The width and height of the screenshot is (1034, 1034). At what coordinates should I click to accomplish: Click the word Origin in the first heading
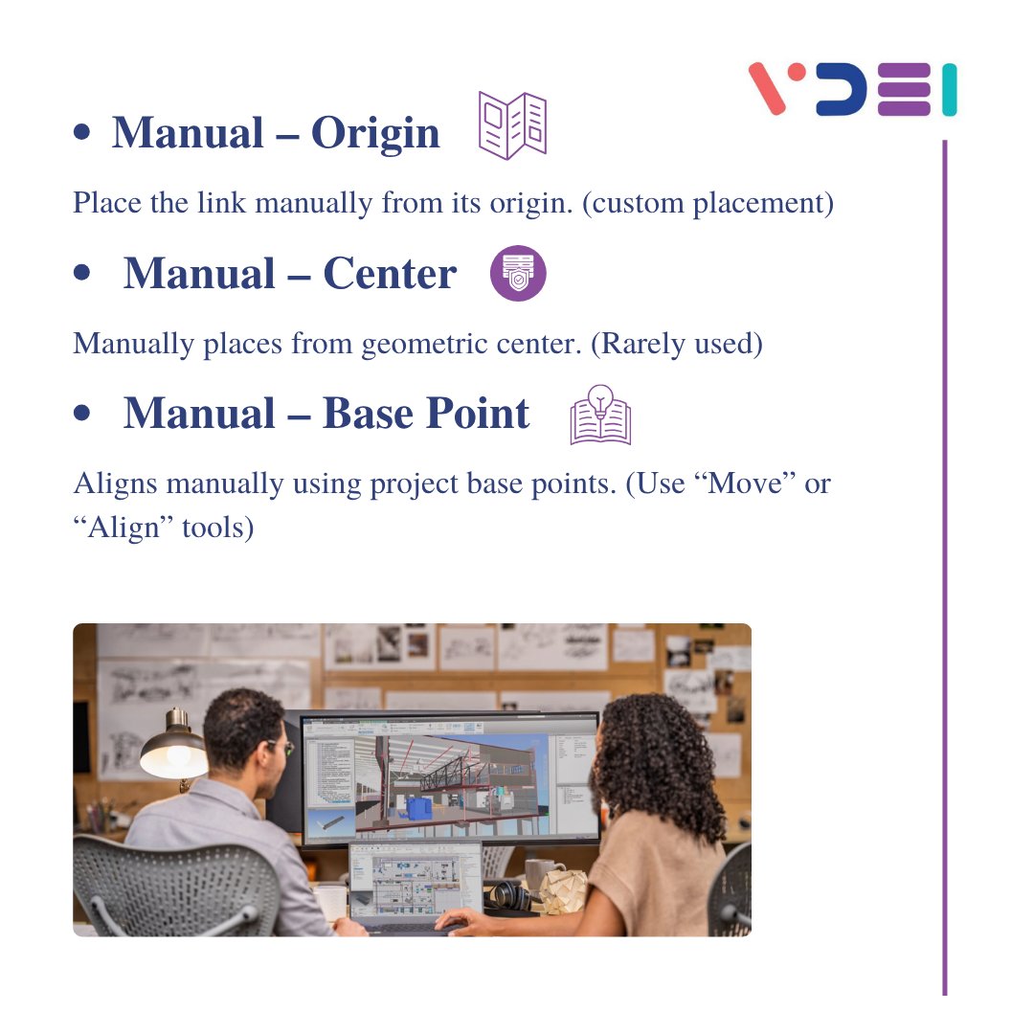point(375,133)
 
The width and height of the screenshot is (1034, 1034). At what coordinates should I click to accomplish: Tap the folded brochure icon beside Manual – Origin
point(512,125)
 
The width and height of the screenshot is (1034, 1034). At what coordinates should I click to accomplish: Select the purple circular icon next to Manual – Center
point(518,273)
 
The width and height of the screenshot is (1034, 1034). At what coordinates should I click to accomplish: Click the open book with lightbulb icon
point(600,416)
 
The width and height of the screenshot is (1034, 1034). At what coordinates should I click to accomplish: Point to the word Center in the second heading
point(390,274)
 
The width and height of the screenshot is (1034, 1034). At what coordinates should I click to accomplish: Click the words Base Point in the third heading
point(426,414)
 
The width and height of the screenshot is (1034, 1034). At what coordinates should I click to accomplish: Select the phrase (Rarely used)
point(676,344)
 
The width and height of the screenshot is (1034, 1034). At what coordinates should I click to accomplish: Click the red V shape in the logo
point(778,88)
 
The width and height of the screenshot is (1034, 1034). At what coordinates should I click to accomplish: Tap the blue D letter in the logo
point(842,90)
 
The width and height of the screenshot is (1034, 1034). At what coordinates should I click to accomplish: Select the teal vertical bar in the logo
point(949,90)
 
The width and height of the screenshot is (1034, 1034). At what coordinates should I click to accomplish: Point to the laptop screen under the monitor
point(416,879)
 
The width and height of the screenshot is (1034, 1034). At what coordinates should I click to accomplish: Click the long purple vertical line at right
point(944,574)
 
